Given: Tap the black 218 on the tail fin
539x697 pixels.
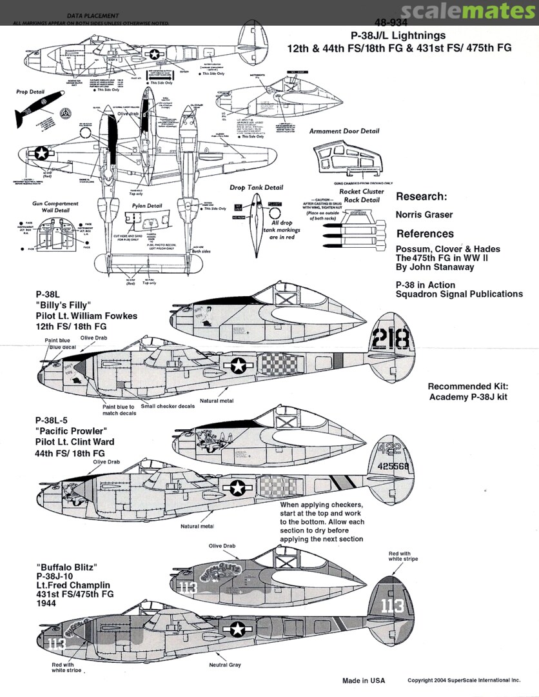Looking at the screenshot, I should [x=391, y=338].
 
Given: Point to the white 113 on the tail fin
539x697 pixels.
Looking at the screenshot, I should [x=392, y=606].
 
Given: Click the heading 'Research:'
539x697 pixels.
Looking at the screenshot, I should [x=422, y=197].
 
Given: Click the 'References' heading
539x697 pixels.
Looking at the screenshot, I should [x=425, y=234].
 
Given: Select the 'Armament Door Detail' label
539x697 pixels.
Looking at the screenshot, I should [x=344, y=131].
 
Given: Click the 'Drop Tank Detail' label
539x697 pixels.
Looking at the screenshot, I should [x=256, y=188].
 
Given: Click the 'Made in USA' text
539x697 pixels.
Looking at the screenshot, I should [x=363, y=681].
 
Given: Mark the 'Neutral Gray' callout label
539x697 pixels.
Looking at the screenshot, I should [x=225, y=665].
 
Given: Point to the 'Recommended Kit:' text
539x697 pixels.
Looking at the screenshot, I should [x=468, y=386].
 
